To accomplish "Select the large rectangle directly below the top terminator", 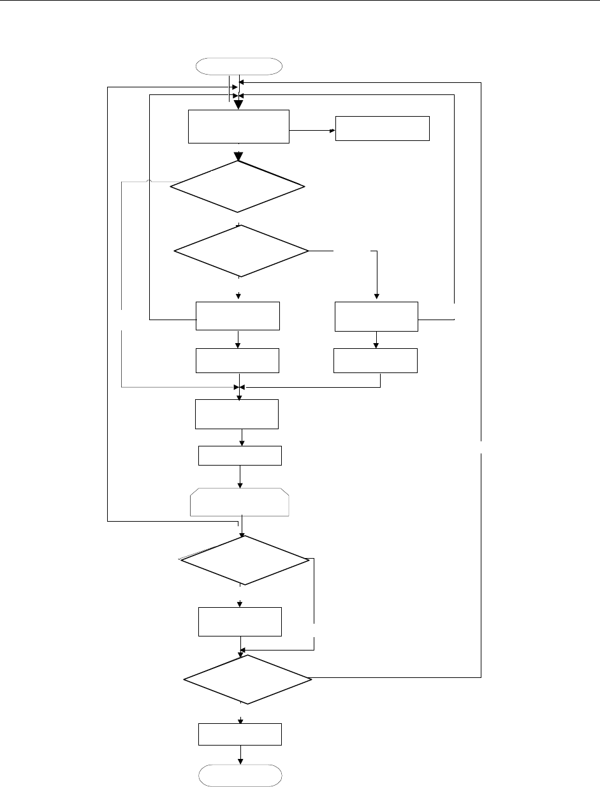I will coord(239,126).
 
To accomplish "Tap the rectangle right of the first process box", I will coord(383,128).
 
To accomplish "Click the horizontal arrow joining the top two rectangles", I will coord(312,131).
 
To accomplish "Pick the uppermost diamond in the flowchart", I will coord(238,186).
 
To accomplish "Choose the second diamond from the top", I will coord(241,251).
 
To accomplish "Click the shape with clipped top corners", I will coord(240,502).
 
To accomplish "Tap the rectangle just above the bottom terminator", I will coord(240,734).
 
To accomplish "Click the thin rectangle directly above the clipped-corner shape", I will coord(240,456).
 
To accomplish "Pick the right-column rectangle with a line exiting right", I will coord(376,316).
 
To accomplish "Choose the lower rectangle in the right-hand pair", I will coord(376,360).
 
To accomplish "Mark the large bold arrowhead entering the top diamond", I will coord(238,156).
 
